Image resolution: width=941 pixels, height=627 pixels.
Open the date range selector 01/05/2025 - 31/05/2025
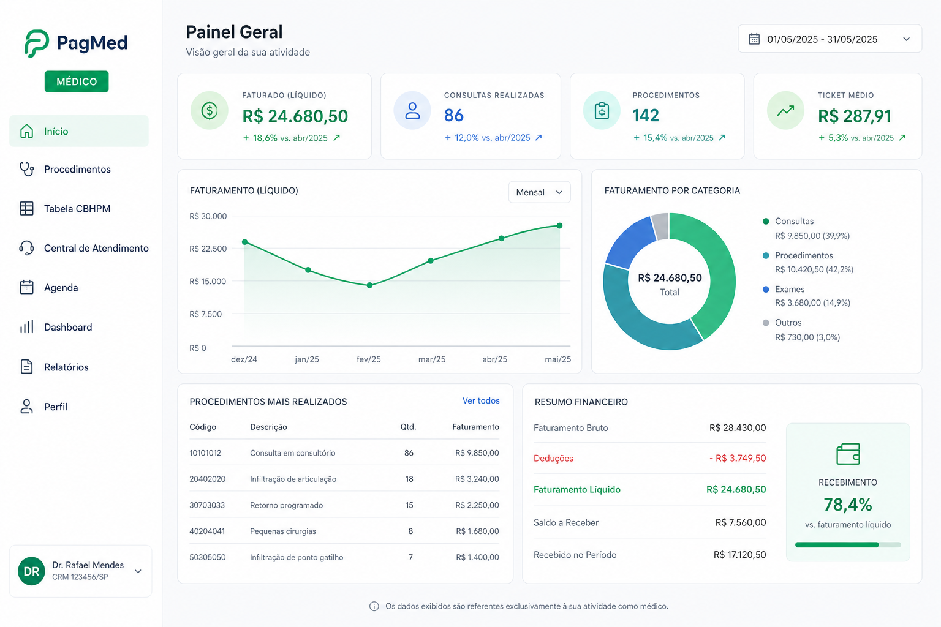pyautogui.click(x=830, y=39)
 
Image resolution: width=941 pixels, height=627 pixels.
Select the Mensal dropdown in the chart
pyautogui.click(x=539, y=192)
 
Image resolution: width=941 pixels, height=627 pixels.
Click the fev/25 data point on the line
pyautogui.click(x=369, y=285)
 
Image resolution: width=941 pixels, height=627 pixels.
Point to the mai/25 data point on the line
pyautogui.click(x=559, y=226)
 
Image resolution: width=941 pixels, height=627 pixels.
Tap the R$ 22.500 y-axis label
pyautogui.click(x=208, y=249)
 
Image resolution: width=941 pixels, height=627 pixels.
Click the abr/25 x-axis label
pyautogui.click(x=494, y=359)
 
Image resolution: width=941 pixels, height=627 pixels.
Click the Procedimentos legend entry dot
pyautogui.click(x=766, y=256)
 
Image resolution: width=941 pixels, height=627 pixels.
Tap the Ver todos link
pyautogui.click(x=481, y=400)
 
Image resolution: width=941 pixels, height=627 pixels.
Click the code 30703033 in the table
pyautogui.click(x=207, y=505)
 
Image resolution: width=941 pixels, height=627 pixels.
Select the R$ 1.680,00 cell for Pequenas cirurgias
pyautogui.click(x=478, y=531)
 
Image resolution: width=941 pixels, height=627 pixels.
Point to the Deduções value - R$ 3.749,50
pyautogui.click(x=738, y=458)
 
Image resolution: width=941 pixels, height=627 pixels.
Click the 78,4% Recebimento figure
pyautogui.click(x=848, y=505)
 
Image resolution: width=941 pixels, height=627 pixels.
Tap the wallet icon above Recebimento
pyautogui.click(x=848, y=454)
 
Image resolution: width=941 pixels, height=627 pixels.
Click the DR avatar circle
pyautogui.click(x=31, y=571)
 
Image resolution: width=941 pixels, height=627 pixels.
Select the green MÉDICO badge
pyautogui.click(x=77, y=81)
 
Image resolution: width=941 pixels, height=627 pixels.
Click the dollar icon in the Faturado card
pyautogui.click(x=209, y=111)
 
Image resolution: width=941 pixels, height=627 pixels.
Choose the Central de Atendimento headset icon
pyautogui.click(x=26, y=248)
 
